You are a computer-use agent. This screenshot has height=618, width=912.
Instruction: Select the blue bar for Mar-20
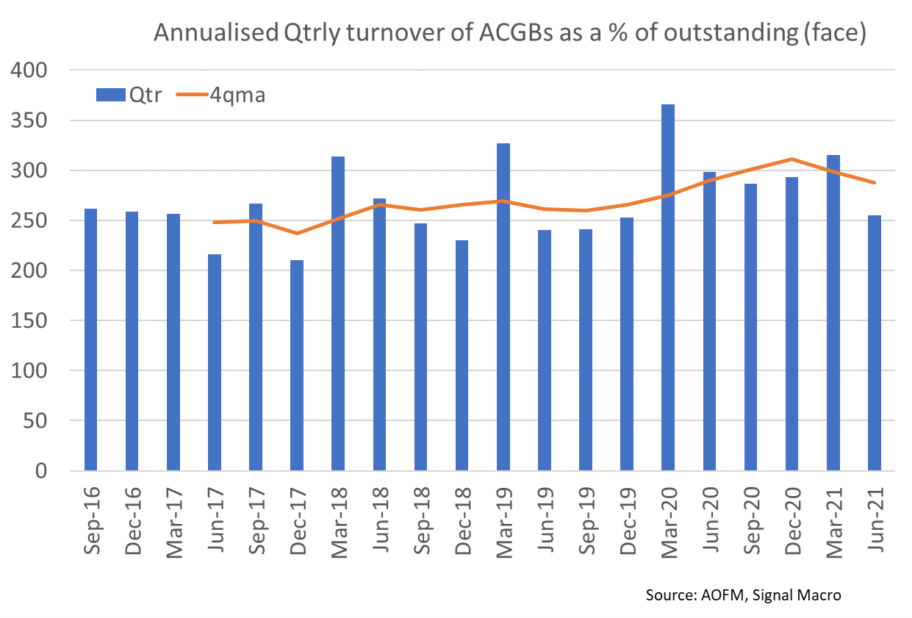pos(668,287)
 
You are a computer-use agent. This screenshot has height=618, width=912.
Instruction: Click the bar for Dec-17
pos(297,364)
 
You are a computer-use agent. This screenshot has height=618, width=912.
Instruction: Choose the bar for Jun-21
pos(875,342)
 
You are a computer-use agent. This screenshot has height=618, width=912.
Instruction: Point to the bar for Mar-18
pos(338,313)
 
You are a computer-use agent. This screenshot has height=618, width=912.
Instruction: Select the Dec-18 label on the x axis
pos(462,522)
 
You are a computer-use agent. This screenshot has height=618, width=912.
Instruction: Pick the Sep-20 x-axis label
pos(750,522)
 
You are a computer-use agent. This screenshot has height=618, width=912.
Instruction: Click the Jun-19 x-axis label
pos(545,522)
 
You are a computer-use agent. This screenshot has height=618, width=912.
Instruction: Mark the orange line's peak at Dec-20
pos(791,159)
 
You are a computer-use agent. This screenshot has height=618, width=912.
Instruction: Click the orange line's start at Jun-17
pos(215,222)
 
